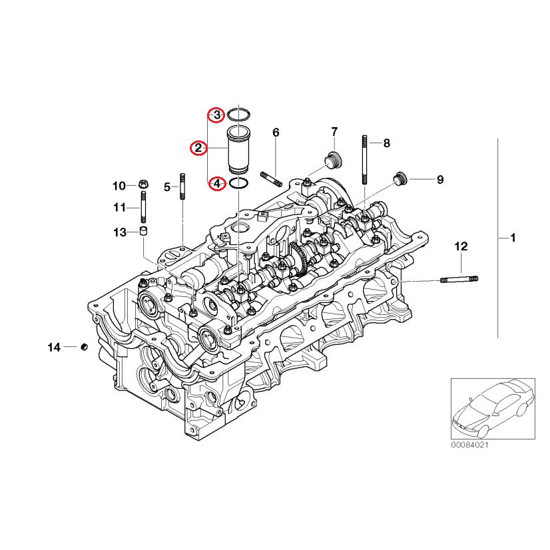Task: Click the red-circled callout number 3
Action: pyautogui.click(x=216, y=115)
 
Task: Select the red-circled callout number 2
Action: pyautogui.click(x=198, y=148)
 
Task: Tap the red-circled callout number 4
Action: pyautogui.click(x=216, y=183)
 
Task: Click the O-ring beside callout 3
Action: pyautogui.click(x=238, y=115)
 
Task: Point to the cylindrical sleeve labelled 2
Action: pyautogui.click(x=238, y=150)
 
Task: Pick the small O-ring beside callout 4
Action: pyautogui.click(x=239, y=183)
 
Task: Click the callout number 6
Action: pyautogui.click(x=275, y=133)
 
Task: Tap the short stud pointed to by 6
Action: pyautogui.click(x=272, y=179)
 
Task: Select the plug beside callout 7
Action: pyautogui.click(x=332, y=160)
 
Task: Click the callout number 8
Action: pyautogui.click(x=386, y=142)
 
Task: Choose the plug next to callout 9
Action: pyautogui.click(x=400, y=178)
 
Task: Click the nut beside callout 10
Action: pyautogui.click(x=143, y=185)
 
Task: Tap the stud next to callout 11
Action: pyautogui.click(x=143, y=208)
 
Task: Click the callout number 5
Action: pyautogui.click(x=168, y=187)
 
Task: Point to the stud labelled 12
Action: pyautogui.click(x=459, y=279)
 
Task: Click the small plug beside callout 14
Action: pyautogui.click(x=84, y=347)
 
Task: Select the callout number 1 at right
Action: pyautogui.click(x=513, y=238)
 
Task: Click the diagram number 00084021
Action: pyautogui.click(x=470, y=444)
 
